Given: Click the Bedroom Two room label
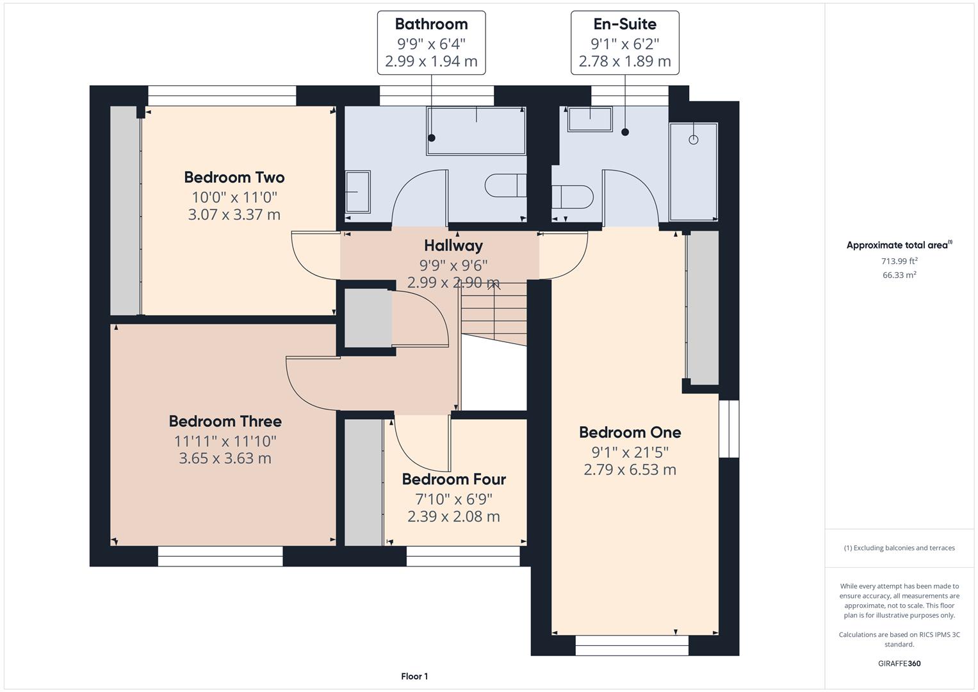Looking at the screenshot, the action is pyautogui.click(x=234, y=177).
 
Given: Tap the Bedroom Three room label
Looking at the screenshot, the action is pyautogui.click(x=225, y=421).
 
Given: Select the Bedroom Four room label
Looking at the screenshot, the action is pyautogui.click(x=453, y=479).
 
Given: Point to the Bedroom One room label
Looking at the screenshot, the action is pyautogui.click(x=630, y=432).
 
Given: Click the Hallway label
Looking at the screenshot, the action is pyautogui.click(x=453, y=245).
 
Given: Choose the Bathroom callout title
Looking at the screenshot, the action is pyautogui.click(x=432, y=24).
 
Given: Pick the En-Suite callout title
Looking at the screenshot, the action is pyautogui.click(x=625, y=24).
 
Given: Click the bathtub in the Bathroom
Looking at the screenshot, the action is pyautogui.click(x=477, y=131).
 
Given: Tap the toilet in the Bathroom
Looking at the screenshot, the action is pyautogui.click(x=505, y=186).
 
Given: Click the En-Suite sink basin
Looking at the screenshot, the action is pyautogui.click(x=590, y=119).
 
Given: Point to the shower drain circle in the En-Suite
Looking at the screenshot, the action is pyautogui.click(x=694, y=140).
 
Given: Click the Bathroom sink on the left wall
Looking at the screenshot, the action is pyautogui.click(x=357, y=192).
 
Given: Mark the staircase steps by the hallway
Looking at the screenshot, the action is pyautogui.click(x=494, y=314).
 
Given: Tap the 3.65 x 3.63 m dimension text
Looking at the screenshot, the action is pyautogui.click(x=225, y=458).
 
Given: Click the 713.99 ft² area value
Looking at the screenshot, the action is pyautogui.click(x=899, y=261).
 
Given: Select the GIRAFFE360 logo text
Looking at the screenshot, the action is pyautogui.click(x=899, y=663).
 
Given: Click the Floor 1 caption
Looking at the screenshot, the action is pyautogui.click(x=414, y=676).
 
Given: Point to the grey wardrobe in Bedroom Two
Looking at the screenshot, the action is pyautogui.click(x=126, y=210).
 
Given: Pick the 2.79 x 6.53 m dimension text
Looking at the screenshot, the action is pyautogui.click(x=630, y=470).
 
